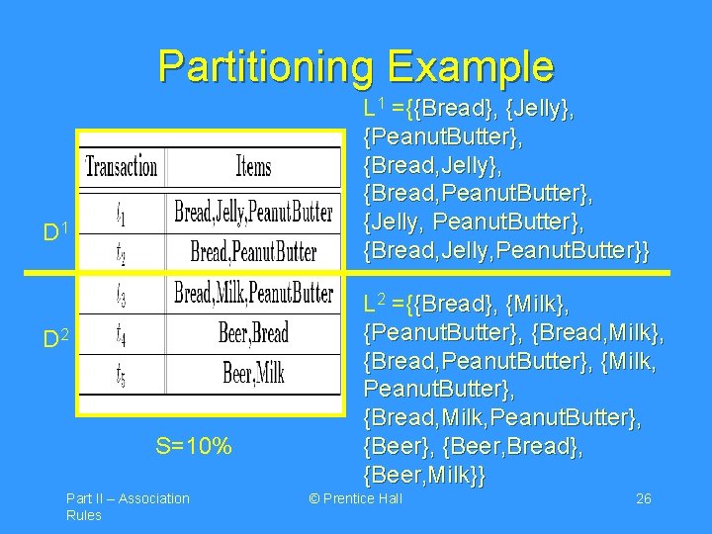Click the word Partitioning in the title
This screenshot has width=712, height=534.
(265, 67)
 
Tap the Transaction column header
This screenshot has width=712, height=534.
(122, 166)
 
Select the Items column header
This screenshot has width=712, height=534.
(253, 166)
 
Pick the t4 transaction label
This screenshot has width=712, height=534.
(121, 332)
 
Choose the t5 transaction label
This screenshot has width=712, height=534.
(121, 374)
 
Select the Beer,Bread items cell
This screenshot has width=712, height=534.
(253, 332)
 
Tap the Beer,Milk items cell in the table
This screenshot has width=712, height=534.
(253, 374)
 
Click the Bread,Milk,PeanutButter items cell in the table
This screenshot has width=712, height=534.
(253, 293)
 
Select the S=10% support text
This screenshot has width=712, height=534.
(193, 447)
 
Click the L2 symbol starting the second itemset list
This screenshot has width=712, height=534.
(375, 299)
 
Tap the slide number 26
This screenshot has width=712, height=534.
(643, 498)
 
